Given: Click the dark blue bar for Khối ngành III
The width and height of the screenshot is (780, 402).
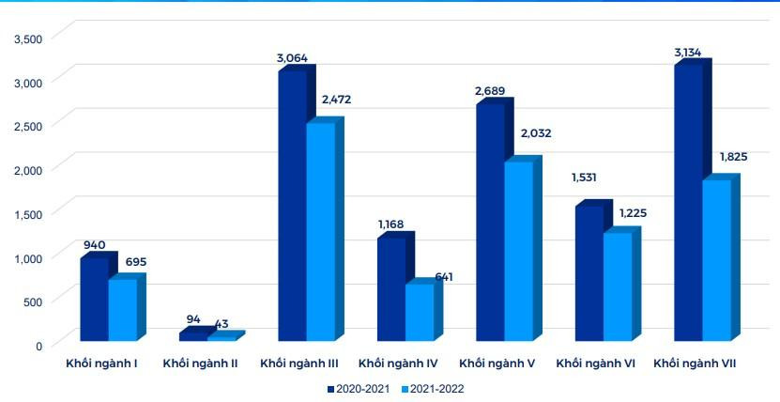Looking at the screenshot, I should click(292, 207).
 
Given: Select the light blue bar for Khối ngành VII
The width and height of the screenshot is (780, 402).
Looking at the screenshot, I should click(715, 261).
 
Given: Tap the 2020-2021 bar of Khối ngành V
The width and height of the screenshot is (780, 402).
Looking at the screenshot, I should click(490, 223).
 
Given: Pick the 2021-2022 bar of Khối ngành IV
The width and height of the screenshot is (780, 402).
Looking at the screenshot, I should click(420, 313).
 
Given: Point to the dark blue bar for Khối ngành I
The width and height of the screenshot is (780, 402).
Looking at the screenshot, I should click(94, 299).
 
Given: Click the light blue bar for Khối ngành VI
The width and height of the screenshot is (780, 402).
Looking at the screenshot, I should click(617, 286).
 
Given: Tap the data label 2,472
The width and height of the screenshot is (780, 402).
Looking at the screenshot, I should click(336, 99).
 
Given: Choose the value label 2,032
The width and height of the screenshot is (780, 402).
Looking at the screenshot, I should click(535, 134).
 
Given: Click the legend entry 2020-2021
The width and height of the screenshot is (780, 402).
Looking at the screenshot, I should click(360, 388).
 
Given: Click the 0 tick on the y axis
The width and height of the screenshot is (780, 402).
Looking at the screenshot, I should click(38, 347).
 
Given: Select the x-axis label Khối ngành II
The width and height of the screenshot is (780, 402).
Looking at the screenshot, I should click(200, 363).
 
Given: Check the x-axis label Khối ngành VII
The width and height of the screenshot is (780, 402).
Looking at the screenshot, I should click(694, 363).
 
